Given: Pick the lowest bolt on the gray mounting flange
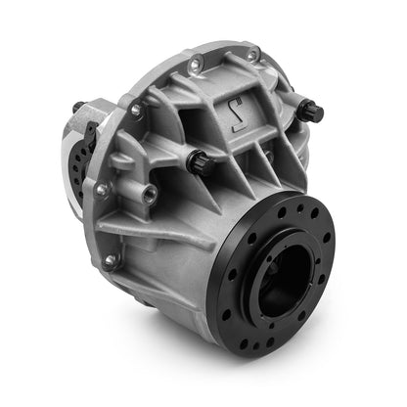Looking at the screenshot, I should (111, 260).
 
